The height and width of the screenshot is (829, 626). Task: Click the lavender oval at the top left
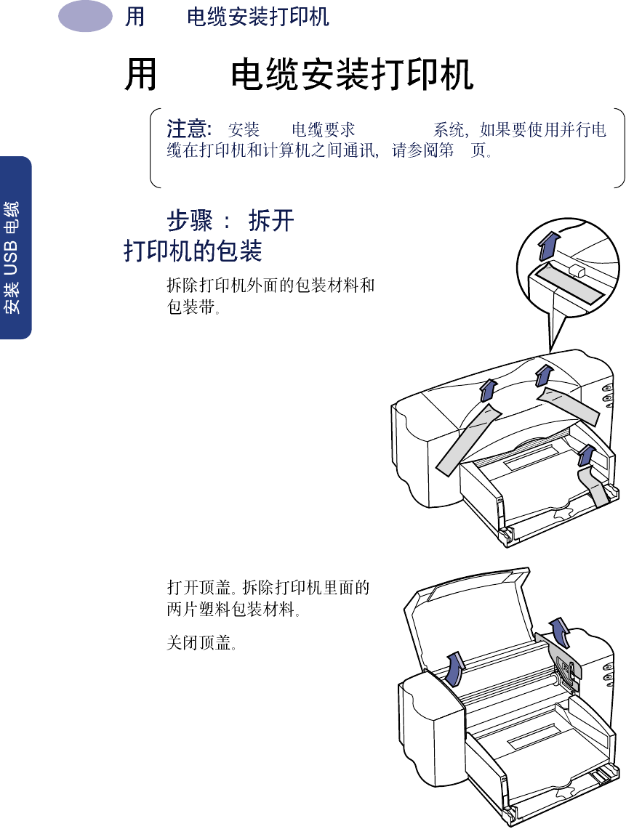click(x=85, y=17)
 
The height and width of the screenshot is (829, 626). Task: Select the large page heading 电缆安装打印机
click(x=352, y=76)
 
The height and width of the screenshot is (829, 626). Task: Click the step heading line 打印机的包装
click(x=193, y=251)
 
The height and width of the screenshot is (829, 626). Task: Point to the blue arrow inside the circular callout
click(x=550, y=245)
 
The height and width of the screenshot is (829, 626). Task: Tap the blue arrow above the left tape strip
click(x=488, y=389)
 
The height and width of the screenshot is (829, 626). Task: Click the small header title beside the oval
click(x=257, y=17)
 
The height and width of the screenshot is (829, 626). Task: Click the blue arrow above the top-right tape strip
click(x=544, y=375)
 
